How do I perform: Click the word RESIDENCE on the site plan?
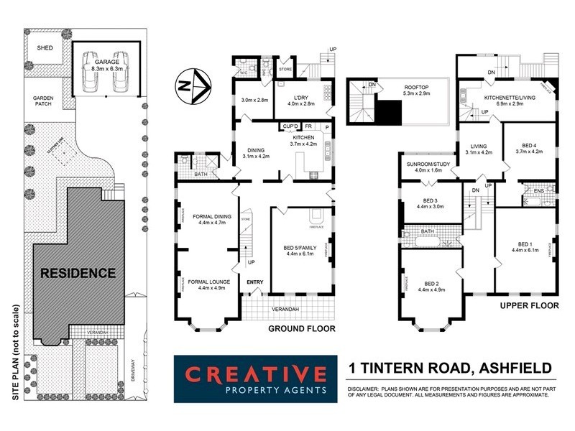77,273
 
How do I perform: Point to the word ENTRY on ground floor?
254,282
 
